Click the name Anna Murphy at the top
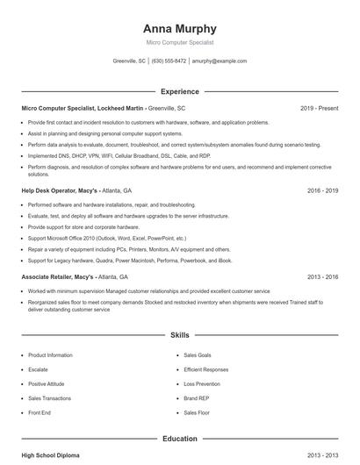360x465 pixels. [x=179, y=28]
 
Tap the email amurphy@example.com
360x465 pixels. [x=219, y=61]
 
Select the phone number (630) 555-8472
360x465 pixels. [x=169, y=61]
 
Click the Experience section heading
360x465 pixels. [x=179, y=91]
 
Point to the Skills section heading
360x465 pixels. [x=179, y=335]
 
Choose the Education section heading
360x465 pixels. [x=179, y=438]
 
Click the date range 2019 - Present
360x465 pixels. [x=319, y=108]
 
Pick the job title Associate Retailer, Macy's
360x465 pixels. [x=58, y=276]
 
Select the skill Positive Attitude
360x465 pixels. [x=47, y=383]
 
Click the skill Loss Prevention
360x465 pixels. [x=203, y=383]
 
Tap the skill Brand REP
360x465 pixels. [x=198, y=397]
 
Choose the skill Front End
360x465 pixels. [x=40, y=412]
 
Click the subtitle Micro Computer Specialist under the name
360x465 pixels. [x=179, y=42]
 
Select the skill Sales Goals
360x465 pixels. [x=198, y=355]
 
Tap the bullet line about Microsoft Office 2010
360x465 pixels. [x=107, y=238]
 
